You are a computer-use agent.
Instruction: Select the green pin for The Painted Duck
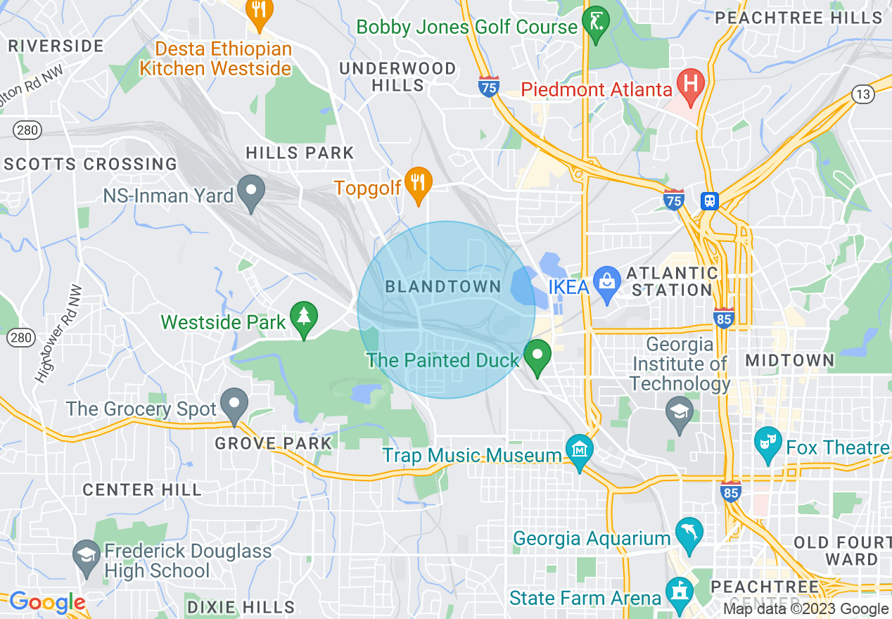[539, 356]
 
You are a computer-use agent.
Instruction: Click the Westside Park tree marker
[304, 319]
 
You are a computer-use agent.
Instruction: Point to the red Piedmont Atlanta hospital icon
[690, 84]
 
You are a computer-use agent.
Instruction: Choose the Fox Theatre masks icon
[767, 442]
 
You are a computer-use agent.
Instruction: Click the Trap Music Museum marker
[579, 450]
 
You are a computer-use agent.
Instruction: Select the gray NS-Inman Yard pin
[251, 191]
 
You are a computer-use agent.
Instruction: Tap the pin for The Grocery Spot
[234, 404]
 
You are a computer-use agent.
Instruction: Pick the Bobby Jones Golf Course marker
[596, 23]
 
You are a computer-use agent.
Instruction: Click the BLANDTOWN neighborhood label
[443, 287]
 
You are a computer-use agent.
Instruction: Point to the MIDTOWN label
[790, 360]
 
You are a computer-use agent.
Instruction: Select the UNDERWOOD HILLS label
[397, 77]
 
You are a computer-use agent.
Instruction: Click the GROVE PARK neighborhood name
[273, 443]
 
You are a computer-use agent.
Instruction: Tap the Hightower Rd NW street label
[59, 333]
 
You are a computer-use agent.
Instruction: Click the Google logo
[47, 602]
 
